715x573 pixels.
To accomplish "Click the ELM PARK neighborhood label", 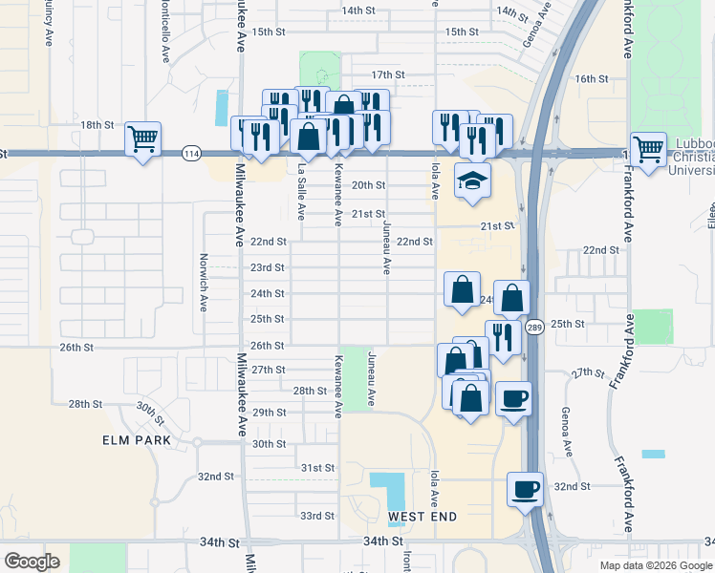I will (139, 440).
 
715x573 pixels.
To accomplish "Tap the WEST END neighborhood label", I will (422, 517).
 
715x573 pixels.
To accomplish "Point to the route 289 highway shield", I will (534, 328).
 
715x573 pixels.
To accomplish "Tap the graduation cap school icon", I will (472, 180).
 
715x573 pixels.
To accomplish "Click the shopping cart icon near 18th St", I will (143, 139).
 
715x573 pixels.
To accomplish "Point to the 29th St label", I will (270, 412).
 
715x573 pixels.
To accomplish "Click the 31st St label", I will (317, 468).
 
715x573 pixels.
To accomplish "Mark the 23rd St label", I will (268, 267).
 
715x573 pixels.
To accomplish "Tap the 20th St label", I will (368, 185).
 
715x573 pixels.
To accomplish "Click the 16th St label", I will (593, 78).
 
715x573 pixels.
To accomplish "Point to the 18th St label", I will (97, 125).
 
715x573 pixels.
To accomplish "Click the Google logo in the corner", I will (32, 562).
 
